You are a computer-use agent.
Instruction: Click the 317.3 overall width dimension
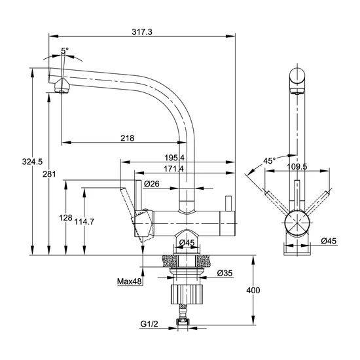coord(142,31)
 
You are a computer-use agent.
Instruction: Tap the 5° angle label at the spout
coord(65,50)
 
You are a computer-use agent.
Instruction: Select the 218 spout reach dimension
coord(128,138)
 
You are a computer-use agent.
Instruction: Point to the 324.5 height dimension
coord(32,162)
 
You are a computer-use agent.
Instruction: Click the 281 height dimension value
coord(49,174)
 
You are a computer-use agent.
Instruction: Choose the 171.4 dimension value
coord(174,169)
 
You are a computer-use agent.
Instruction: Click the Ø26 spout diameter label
coord(152,184)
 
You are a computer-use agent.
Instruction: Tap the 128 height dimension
coord(65,217)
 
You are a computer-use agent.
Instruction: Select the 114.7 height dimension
coord(84,221)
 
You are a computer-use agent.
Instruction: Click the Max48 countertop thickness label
coord(129,281)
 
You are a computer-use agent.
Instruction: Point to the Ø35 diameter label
coord(225,273)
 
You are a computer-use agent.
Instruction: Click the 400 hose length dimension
coord(253,290)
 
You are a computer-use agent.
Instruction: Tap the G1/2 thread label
coord(149,324)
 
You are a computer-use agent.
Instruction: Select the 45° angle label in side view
coord(269,161)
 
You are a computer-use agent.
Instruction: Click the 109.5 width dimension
coord(297,166)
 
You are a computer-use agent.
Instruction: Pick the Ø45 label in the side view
coord(329,241)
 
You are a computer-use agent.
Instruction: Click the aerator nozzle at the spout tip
coord(62,86)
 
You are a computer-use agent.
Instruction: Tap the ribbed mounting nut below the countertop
coord(187,294)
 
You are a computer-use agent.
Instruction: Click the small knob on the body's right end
coord(228,204)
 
